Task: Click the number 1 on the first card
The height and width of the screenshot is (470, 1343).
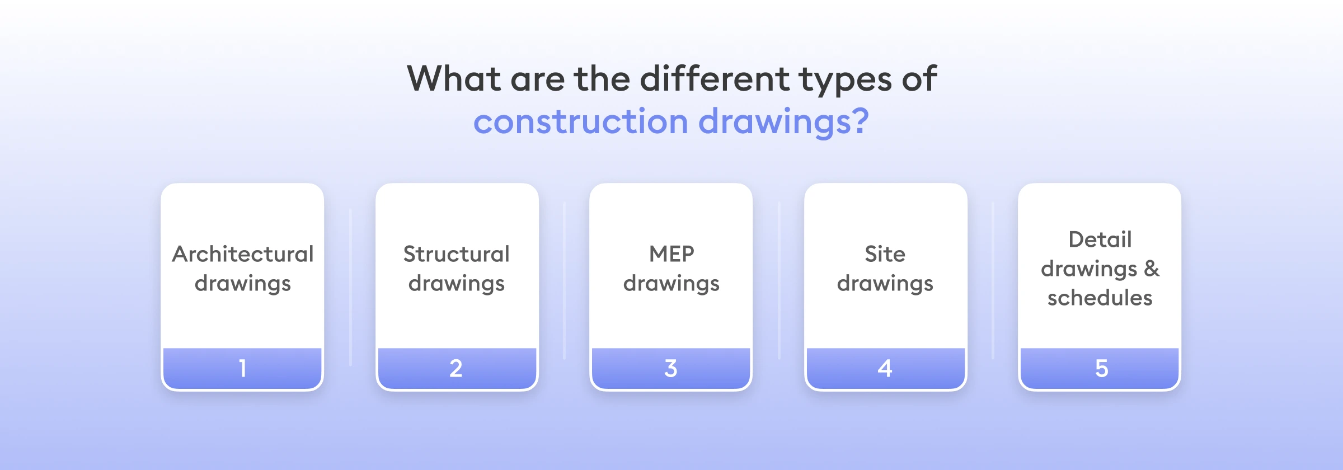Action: click(242, 368)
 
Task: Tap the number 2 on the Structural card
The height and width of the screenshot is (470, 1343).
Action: click(456, 368)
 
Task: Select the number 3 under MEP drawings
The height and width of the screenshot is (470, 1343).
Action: click(671, 368)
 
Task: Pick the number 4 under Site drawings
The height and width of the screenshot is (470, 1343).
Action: click(885, 368)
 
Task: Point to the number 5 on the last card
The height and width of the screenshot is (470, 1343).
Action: click(1101, 368)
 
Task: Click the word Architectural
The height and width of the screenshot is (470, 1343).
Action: click(243, 254)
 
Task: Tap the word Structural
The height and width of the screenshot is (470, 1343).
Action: click(457, 254)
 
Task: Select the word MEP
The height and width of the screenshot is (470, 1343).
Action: click(671, 254)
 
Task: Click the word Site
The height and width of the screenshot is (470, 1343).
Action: click(885, 254)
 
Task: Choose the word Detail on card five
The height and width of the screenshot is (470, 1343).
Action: click(1100, 239)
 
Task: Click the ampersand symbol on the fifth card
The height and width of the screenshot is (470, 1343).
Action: click(1152, 269)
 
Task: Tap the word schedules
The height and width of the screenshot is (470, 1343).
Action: click(1100, 298)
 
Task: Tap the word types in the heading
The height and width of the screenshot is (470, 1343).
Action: click(846, 79)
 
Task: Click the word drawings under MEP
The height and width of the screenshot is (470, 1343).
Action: click(671, 284)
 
